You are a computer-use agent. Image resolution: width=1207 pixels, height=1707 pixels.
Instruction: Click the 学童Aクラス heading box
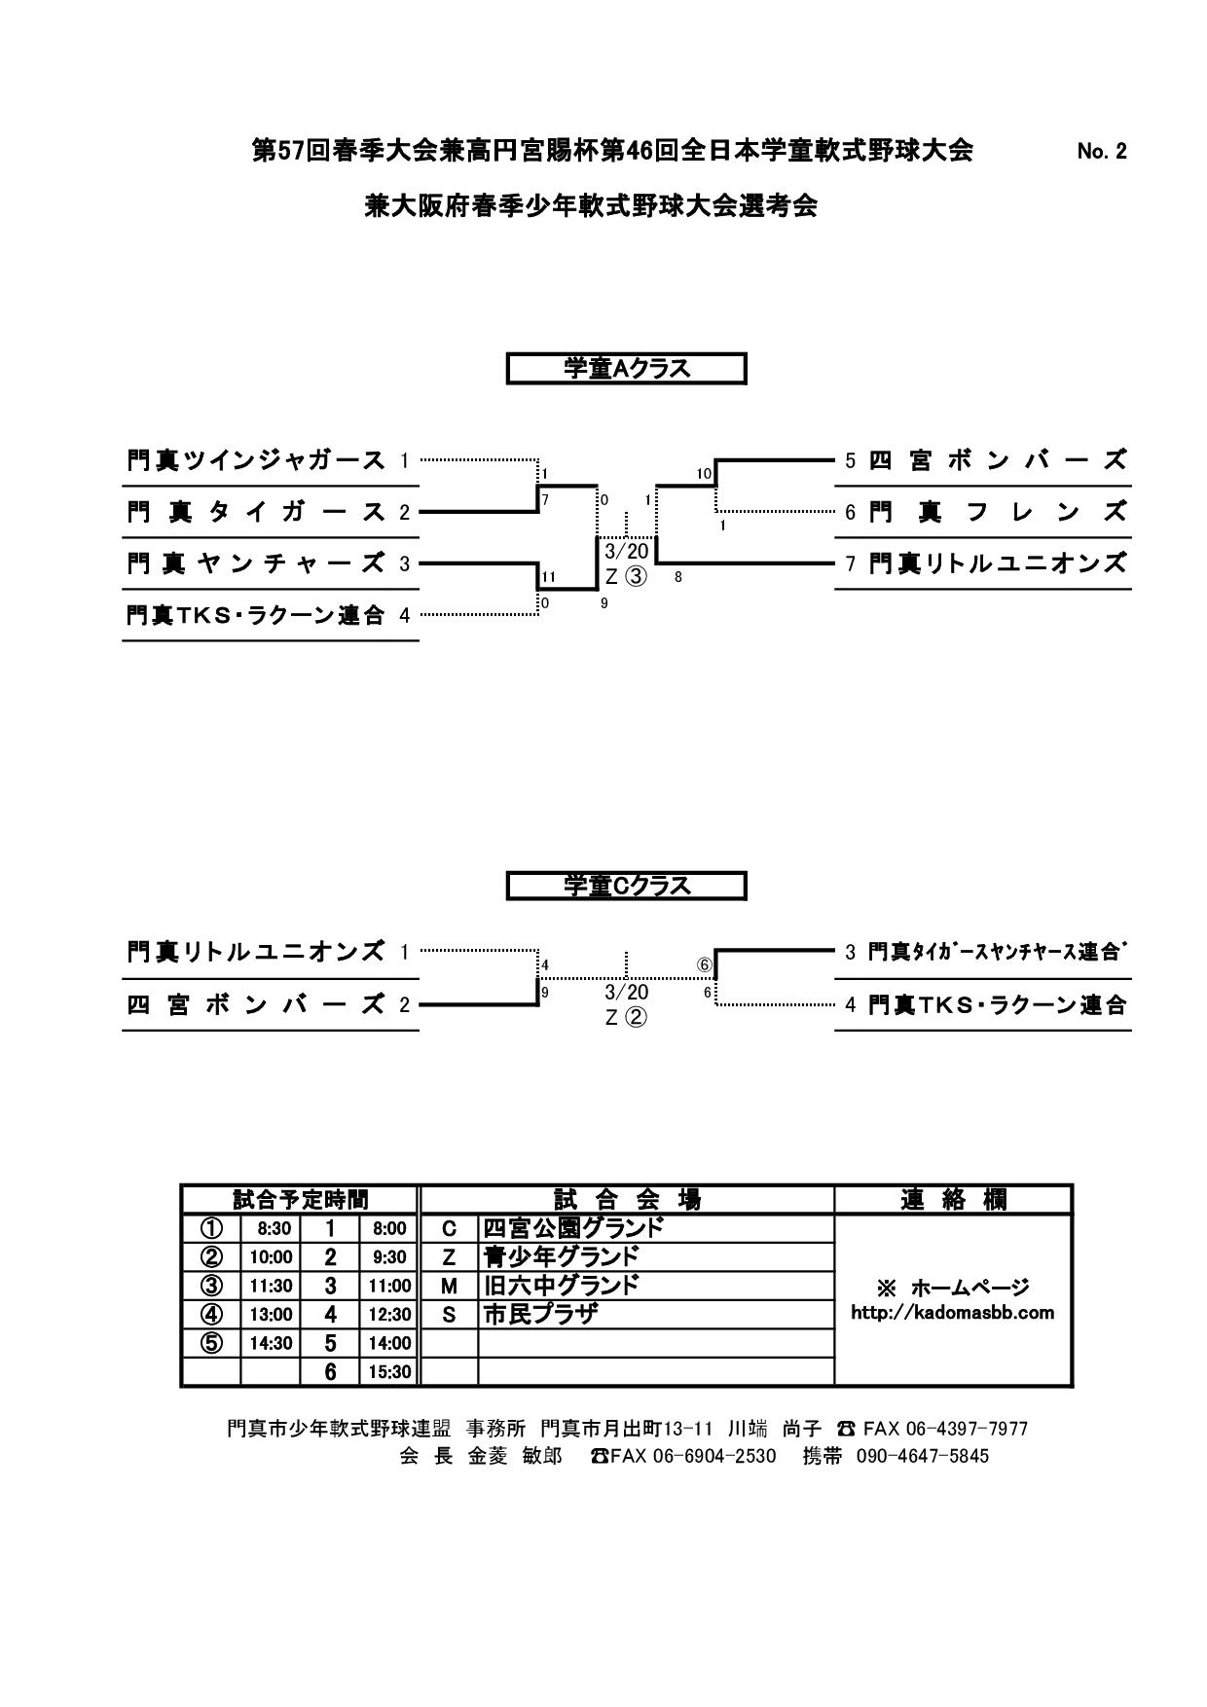[626, 369]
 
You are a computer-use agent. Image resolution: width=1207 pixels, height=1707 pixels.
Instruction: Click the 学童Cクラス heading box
[626, 886]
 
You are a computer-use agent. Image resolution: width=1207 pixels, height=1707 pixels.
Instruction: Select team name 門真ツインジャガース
[256, 460]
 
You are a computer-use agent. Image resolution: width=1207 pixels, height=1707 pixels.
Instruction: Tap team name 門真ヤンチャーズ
[256, 563]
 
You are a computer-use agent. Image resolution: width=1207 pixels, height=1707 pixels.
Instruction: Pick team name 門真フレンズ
[997, 512]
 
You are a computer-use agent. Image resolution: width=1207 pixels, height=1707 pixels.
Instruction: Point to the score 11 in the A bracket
[548, 576]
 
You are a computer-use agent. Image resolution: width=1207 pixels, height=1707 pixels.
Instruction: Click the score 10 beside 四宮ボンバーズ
[704, 474]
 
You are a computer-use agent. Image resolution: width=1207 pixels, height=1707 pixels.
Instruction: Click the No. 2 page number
[1102, 152]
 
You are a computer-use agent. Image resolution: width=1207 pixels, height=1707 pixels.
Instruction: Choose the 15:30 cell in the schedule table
[389, 1372]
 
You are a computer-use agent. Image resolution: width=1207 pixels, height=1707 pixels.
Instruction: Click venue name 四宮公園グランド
[573, 1228]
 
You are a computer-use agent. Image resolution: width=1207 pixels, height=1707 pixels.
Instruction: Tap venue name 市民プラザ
[540, 1315]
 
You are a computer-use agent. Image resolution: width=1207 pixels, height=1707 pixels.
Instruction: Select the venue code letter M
[449, 1286]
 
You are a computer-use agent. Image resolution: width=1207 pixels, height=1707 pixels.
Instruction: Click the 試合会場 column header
[627, 1200]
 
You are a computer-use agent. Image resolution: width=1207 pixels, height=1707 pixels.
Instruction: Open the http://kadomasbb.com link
[952, 1313]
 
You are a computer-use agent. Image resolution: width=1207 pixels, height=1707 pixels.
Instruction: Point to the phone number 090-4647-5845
[922, 1457]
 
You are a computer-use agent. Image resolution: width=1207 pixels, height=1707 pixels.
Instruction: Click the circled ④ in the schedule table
[210, 1315]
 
